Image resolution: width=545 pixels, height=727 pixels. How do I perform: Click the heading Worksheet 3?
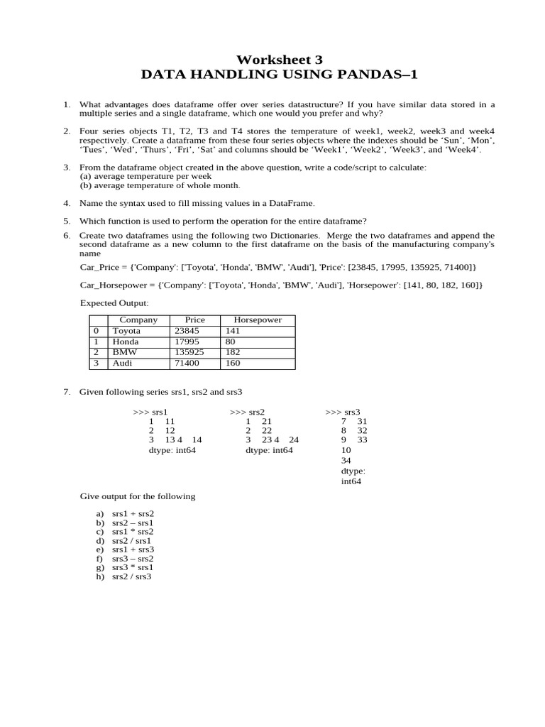[273, 60]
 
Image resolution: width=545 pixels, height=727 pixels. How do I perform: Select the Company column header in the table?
[138, 320]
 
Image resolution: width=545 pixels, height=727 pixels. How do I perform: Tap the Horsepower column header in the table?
[253, 320]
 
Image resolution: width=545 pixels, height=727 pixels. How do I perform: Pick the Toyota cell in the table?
[126, 331]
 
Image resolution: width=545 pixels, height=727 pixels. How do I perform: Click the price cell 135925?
[189, 352]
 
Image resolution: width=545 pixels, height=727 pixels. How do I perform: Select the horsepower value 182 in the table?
[233, 352]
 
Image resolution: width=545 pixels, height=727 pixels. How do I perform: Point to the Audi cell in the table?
[123, 363]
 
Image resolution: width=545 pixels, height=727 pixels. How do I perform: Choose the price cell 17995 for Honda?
[187, 341]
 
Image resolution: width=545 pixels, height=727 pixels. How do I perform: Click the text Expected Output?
[114, 303]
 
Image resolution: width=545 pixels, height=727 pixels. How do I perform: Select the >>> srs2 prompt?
[247, 412]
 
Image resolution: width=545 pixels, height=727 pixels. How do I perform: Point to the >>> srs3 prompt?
[343, 412]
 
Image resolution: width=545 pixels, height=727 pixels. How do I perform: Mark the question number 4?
[66, 203]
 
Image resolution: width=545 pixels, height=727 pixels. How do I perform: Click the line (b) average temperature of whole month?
[160, 185]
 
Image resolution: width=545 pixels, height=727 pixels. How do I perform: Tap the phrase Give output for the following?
[137, 496]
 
